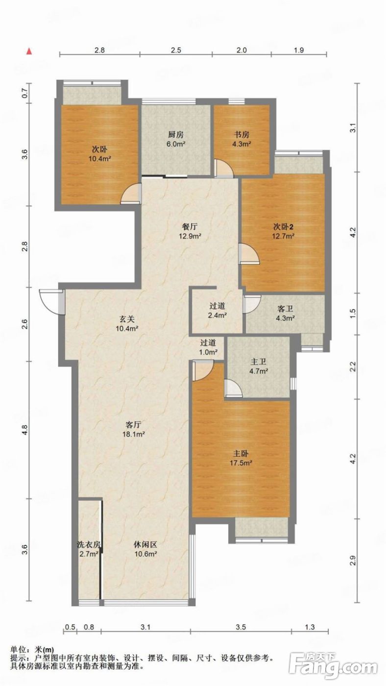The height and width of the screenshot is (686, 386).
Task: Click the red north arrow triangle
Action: [29, 51]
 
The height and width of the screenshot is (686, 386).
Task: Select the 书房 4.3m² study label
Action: [241, 139]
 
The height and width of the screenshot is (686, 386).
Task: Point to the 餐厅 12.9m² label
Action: [190, 231]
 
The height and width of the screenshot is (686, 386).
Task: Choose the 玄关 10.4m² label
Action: [127, 324]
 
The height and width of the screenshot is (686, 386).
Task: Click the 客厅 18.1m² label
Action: [133, 429]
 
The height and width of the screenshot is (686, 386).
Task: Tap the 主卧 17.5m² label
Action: [241, 458]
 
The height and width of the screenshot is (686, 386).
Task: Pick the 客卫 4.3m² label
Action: [285, 313]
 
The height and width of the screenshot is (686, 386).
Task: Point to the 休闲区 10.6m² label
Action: [145, 549]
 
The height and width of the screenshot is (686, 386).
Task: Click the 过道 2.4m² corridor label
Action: [217, 310]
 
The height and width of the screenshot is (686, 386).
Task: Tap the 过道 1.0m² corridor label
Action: [208, 347]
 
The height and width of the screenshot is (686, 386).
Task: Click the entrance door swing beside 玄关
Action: [52, 302]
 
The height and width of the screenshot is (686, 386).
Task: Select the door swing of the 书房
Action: [224, 169]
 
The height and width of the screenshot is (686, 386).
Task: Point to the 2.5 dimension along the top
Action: [176, 50]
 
